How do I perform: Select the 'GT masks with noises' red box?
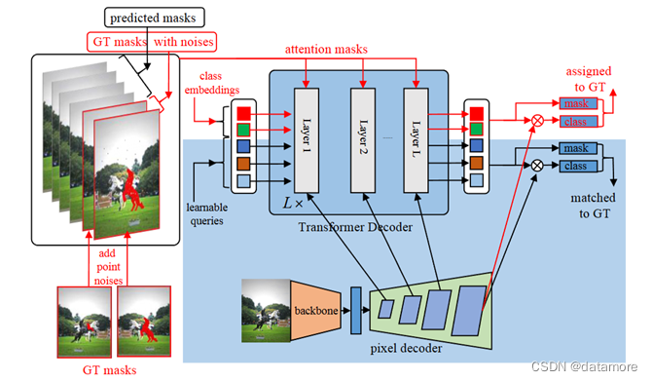pos(152,42)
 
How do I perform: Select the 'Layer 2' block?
pos(363,136)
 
